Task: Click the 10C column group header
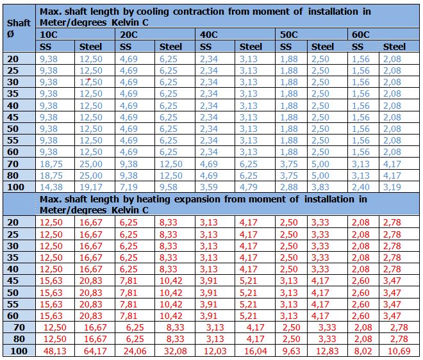[49, 35]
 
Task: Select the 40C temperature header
[208, 35]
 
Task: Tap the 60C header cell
[360, 35]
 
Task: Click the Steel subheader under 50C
[322, 47]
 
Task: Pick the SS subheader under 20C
[126, 47]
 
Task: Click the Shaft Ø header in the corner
[19, 28]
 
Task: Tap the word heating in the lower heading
[153, 200]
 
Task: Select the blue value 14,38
[51, 187]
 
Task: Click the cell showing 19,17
[90, 187]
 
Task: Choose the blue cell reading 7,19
[128, 187]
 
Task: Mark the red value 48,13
[54, 351]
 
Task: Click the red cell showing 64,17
[95, 351]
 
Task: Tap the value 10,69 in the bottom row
[399, 351]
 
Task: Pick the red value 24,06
[135, 351]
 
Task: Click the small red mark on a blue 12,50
[88, 79]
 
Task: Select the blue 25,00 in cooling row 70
[90, 164]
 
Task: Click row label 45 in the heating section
[13, 281]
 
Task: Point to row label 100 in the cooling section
[15, 187]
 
